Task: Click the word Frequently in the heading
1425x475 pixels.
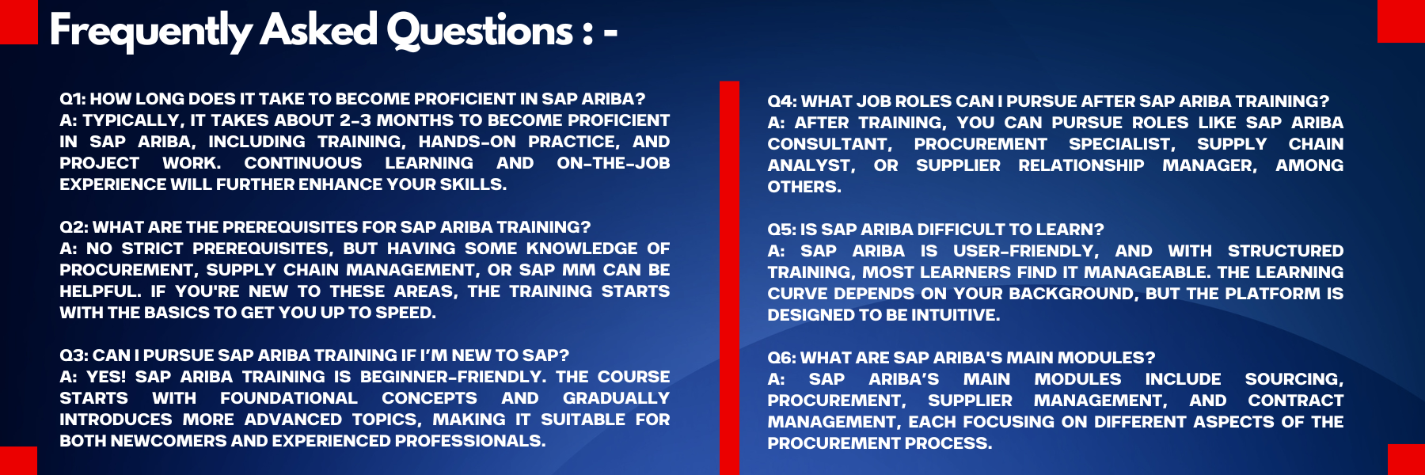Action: pos(150,32)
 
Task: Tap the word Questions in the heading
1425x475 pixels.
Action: pos(480,32)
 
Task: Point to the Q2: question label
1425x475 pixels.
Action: pos(74,227)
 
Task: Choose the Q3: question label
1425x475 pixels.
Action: pos(74,355)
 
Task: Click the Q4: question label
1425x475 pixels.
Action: pos(782,101)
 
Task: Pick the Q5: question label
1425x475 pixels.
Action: pos(781,230)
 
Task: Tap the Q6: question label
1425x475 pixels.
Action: pos(782,358)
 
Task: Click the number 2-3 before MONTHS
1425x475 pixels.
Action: pos(355,120)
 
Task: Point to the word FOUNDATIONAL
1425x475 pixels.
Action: pos(289,398)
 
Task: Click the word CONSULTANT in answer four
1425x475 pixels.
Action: pos(830,144)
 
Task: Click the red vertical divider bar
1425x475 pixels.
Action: pos(729,278)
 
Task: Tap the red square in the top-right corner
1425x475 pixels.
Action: pos(1401,21)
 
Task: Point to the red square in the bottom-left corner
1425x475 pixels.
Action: pos(18,461)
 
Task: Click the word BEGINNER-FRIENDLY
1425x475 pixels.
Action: pos(453,377)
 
